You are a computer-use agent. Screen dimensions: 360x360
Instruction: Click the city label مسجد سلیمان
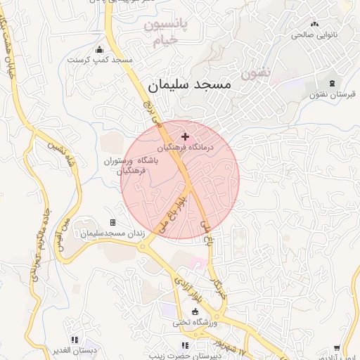[189, 84]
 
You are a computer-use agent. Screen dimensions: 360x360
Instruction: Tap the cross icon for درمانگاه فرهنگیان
[185, 136]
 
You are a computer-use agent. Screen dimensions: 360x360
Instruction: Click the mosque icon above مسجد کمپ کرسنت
[99, 49]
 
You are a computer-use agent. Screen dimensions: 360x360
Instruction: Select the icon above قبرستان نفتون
[330, 84]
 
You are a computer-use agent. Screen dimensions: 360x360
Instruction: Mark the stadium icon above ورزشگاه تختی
[195, 311]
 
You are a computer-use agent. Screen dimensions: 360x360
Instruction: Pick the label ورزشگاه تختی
[195, 323]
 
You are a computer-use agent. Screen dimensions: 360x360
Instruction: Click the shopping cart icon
[337, 347]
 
